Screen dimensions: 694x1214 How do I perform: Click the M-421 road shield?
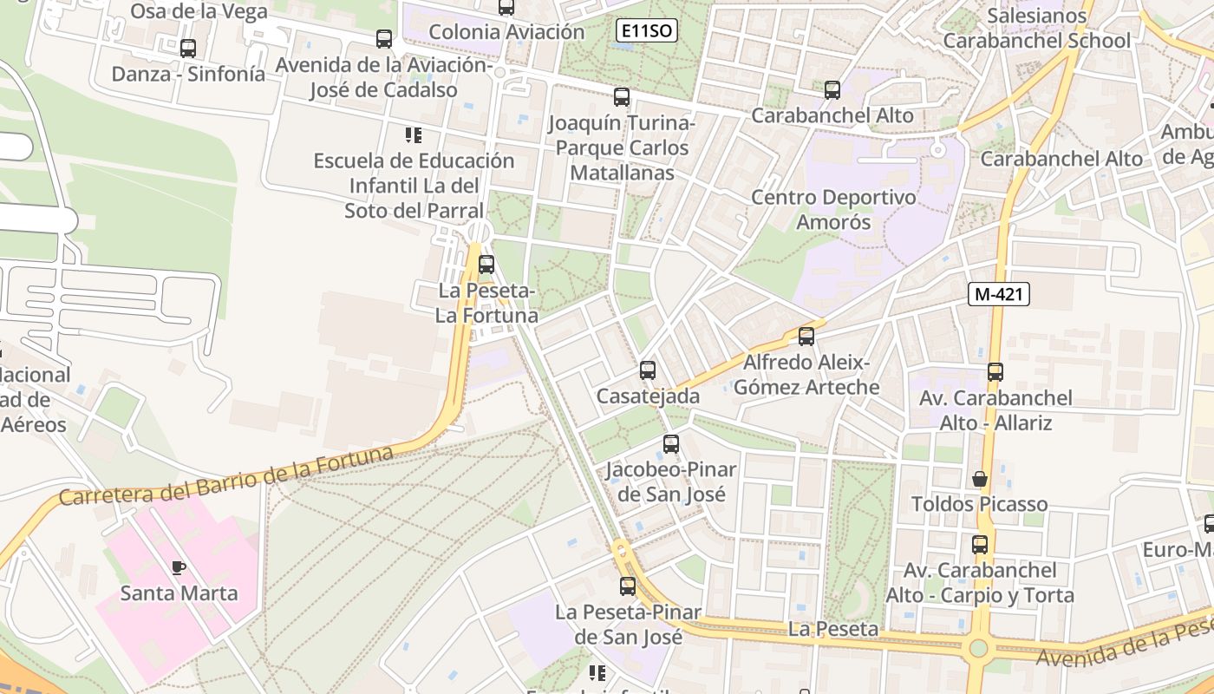click(x=999, y=294)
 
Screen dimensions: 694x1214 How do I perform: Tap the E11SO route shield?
click(x=647, y=31)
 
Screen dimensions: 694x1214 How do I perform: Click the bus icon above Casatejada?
click(x=648, y=370)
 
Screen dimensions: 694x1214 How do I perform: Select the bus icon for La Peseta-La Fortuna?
click(x=486, y=265)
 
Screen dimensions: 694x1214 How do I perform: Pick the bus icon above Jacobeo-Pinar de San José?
click(x=671, y=445)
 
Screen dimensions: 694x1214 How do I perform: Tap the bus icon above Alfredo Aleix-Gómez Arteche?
click(x=806, y=337)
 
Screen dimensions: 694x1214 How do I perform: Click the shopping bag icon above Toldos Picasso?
click(x=980, y=479)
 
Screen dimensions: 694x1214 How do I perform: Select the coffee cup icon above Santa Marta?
click(x=179, y=568)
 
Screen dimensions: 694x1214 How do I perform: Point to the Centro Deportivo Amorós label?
click(x=833, y=209)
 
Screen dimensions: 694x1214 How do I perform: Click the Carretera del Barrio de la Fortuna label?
click(x=225, y=476)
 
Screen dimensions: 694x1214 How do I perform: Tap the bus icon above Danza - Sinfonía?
click(x=188, y=49)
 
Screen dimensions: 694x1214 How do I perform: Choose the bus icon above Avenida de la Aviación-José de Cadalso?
click(x=384, y=39)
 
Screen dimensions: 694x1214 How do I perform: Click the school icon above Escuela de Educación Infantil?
click(x=414, y=135)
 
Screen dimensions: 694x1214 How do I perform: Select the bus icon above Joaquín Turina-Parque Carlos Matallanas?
click(x=622, y=97)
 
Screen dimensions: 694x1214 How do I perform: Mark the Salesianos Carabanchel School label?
click(x=1036, y=28)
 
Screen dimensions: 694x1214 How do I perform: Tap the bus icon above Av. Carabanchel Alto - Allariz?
click(x=995, y=372)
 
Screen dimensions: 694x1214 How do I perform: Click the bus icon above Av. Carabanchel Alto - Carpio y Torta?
click(x=980, y=545)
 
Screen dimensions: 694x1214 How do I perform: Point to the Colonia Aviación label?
click(x=506, y=32)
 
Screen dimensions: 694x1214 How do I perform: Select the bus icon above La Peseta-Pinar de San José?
click(x=628, y=586)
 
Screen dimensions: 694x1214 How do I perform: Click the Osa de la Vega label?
click(x=199, y=10)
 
